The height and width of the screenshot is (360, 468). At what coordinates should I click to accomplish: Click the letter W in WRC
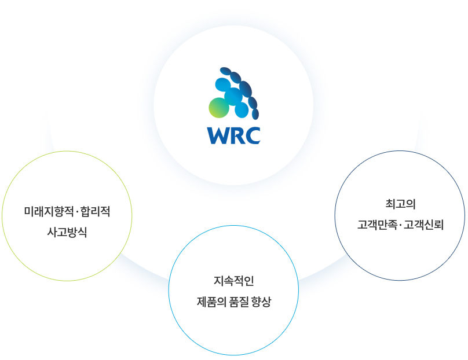pos(220,135)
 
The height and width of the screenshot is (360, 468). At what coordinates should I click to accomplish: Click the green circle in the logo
pos(219,108)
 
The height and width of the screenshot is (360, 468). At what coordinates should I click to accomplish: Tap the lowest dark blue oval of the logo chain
pos(255,114)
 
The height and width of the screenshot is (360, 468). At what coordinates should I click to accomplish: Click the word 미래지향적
pos(49,211)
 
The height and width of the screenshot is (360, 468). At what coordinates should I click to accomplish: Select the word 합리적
pos(95,211)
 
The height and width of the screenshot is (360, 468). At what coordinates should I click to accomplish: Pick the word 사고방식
pos(67,232)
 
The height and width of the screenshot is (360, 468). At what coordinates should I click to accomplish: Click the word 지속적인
pos(233,281)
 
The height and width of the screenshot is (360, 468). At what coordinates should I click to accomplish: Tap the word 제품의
pos(211,302)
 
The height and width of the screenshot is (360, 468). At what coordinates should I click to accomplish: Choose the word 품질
pos(239,302)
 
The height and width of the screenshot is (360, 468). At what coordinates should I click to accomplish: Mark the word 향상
pos(261,302)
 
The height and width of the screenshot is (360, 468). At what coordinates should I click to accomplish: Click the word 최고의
pos(400,204)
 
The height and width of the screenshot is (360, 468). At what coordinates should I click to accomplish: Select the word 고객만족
pos(377,225)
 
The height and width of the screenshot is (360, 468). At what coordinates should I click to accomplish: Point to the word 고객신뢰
pos(423,225)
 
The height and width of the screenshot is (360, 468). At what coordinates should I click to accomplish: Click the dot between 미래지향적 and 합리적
pos(77,212)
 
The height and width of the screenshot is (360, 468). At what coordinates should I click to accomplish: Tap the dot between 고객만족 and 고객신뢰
pos(400,225)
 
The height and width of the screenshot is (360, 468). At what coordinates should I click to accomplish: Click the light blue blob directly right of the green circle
pos(242,110)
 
